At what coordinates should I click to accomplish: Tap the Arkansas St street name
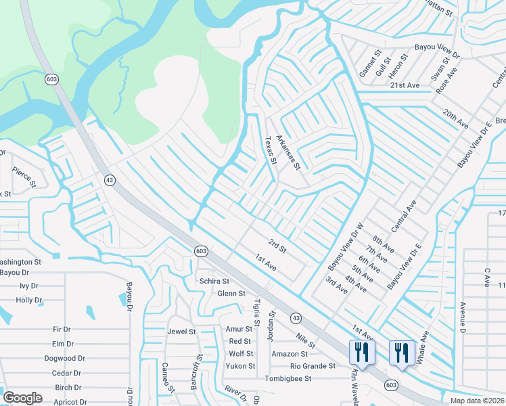(x=287, y=152)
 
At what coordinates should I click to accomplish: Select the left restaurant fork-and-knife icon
(x=361, y=352)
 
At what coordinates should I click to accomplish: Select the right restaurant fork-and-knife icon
(x=401, y=352)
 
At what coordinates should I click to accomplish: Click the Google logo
(x=22, y=398)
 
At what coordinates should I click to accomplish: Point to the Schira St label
(x=214, y=281)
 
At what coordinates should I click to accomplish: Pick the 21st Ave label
(x=405, y=85)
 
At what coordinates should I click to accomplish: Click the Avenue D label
(x=463, y=317)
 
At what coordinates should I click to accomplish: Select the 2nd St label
(x=278, y=246)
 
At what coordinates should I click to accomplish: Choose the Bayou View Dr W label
(x=346, y=244)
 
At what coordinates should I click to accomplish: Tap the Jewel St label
(x=181, y=332)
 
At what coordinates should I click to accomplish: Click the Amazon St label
(x=290, y=354)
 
